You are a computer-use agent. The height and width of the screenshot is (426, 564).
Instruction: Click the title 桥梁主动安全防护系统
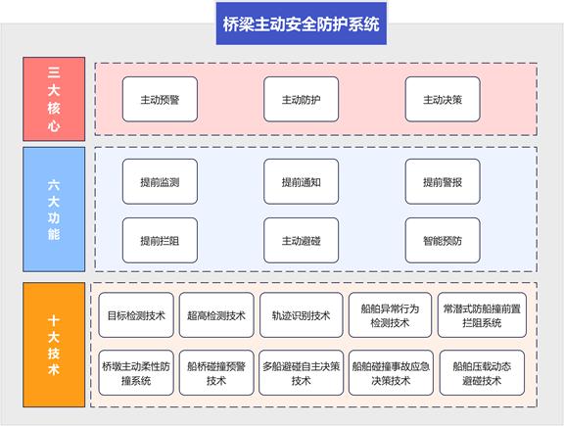click(301, 24)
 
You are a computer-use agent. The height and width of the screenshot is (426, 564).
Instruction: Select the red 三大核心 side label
click(54, 99)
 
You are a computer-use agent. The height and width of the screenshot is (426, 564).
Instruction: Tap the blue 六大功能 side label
click(54, 209)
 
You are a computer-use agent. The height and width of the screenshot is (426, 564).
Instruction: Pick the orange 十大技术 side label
click(54, 345)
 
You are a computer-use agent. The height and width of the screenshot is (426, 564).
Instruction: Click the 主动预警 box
click(160, 99)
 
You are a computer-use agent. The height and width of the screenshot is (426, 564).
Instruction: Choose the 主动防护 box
click(301, 99)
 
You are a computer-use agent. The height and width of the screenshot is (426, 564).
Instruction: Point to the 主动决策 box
click(443, 99)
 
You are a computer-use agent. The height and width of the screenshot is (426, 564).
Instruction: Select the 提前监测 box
click(160, 182)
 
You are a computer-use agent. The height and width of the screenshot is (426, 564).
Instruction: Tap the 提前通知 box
click(301, 182)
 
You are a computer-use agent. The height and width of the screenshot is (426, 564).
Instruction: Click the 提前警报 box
click(443, 182)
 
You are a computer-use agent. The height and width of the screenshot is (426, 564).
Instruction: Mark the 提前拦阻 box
click(160, 240)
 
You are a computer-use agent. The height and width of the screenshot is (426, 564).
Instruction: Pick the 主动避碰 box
click(301, 240)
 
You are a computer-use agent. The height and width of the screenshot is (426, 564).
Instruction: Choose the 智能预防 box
click(443, 240)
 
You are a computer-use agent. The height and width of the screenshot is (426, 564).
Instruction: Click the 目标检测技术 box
click(136, 315)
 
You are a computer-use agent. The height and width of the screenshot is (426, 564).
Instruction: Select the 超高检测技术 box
click(216, 315)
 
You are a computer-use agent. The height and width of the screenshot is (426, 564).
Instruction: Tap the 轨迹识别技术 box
click(301, 315)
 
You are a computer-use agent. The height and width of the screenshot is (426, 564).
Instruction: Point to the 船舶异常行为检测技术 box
click(390, 315)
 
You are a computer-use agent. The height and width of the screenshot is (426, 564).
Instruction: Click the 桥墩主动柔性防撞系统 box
click(136, 373)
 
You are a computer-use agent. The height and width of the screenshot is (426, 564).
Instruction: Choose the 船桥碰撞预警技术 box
click(216, 373)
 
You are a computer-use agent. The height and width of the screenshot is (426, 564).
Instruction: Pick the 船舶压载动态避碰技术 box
click(482, 373)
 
